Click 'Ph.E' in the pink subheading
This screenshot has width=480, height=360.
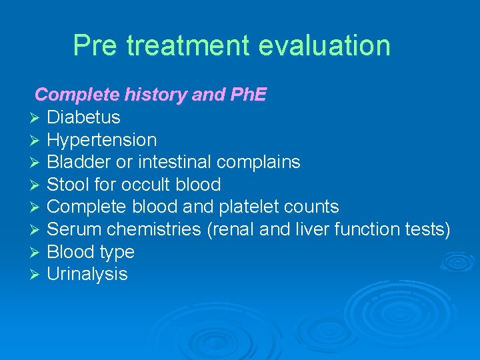[248, 95]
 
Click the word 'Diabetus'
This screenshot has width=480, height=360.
[83, 117]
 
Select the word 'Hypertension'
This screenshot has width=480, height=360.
[101, 140]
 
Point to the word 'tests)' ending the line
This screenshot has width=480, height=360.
[428, 229]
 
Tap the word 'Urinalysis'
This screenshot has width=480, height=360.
[87, 275]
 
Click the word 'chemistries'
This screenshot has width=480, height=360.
[153, 229]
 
